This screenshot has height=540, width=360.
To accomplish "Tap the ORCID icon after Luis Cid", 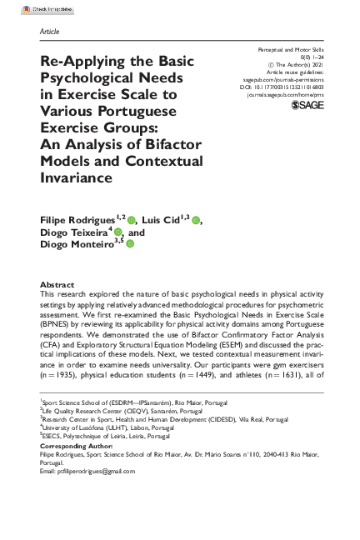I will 195,219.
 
